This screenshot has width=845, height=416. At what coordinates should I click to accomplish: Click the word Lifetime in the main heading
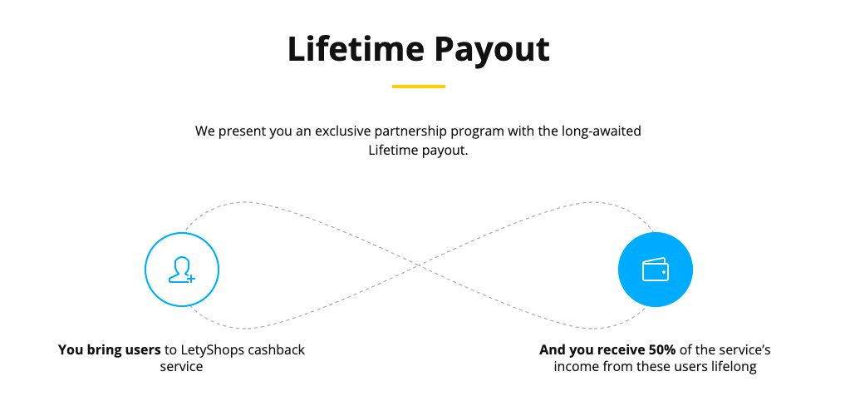[x=356, y=48]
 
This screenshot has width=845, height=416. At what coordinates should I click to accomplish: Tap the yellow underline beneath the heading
[x=419, y=87]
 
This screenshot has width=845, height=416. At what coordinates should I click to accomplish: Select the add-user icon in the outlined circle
[x=182, y=270]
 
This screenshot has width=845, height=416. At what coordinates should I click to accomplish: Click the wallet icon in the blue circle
[x=656, y=270]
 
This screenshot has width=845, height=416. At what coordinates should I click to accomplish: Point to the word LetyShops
[x=212, y=349]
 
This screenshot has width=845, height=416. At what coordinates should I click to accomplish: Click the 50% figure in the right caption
[x=661, y=349]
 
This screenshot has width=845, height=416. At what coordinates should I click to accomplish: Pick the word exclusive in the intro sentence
[x=343, y=131]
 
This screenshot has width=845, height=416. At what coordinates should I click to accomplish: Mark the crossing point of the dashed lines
[x=419, y=265]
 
